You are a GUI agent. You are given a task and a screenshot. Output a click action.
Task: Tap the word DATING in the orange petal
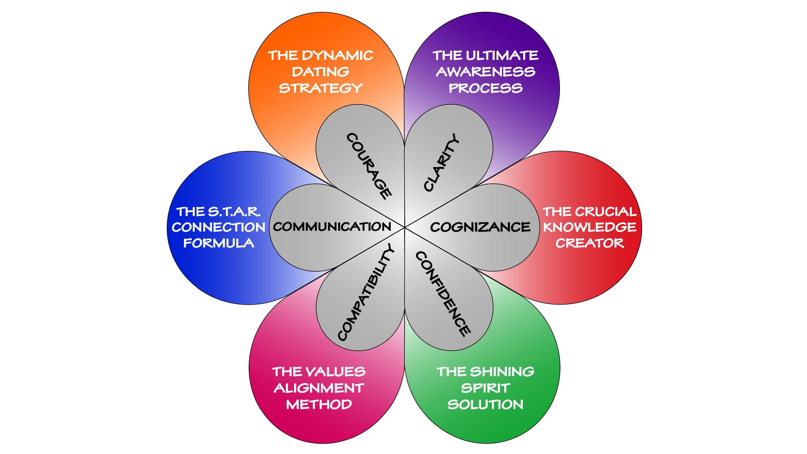(320, 72)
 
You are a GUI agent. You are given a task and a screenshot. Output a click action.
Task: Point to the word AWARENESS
(485, 72)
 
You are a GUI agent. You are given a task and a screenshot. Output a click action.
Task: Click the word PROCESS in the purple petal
(485, 88)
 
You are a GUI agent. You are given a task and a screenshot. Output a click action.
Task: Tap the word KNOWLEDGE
(590, 227)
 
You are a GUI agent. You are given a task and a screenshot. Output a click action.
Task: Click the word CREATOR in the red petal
(590, 243)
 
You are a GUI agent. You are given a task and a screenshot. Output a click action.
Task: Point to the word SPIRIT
(485, 388)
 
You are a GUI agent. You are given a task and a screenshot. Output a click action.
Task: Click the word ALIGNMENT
(319, 388)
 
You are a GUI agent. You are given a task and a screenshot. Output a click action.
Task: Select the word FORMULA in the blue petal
(219, 243)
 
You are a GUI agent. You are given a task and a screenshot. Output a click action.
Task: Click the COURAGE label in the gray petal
(369, 166)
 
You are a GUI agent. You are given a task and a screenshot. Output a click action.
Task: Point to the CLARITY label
(441, 162)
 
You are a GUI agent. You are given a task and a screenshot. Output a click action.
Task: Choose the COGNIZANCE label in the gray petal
(480, 227)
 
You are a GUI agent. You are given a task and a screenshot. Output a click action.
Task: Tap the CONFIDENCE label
(443, 294)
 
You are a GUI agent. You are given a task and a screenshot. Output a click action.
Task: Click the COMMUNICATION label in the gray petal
(332, 226)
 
